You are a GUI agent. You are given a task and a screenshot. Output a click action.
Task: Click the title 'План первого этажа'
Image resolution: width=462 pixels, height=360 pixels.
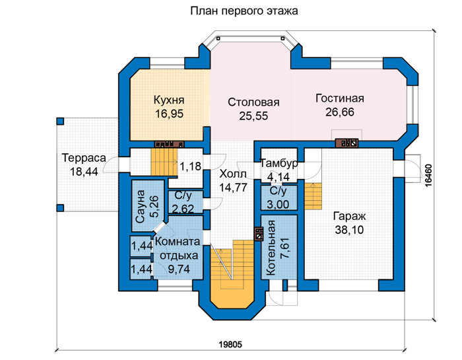244,11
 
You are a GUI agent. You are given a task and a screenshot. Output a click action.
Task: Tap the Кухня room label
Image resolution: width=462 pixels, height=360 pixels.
169,100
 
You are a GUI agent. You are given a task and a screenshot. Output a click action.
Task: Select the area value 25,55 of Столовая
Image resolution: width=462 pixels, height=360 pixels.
253,116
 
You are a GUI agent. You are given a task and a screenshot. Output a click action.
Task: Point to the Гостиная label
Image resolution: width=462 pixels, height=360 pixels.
340,98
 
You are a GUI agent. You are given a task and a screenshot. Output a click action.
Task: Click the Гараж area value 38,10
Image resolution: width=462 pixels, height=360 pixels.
349,230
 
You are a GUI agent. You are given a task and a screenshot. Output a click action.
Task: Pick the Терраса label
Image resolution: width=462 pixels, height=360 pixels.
84,158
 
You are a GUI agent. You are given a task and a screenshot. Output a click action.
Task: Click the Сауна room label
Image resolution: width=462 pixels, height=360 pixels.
140,206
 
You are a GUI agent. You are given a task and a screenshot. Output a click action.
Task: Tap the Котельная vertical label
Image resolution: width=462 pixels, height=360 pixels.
271,248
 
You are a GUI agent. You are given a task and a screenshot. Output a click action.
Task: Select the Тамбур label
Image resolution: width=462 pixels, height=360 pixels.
279,163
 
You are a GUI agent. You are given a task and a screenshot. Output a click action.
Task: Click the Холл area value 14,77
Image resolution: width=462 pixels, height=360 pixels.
233,188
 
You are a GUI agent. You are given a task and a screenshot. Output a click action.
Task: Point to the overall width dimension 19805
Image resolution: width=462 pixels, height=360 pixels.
230,344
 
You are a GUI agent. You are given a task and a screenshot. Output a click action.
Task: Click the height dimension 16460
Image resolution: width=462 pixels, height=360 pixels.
428,175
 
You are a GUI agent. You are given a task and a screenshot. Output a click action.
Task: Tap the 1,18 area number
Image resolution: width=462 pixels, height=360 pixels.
190,166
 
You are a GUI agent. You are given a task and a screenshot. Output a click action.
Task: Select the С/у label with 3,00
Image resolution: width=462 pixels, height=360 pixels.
278,191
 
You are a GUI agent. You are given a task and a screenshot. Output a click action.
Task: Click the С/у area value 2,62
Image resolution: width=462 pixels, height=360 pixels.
183,209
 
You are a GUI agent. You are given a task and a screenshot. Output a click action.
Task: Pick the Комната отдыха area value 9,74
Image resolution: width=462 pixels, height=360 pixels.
179,269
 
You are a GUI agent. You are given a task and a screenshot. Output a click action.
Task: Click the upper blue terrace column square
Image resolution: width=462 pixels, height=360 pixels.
60,121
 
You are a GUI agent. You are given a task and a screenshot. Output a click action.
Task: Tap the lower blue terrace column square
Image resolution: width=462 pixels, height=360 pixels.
60,208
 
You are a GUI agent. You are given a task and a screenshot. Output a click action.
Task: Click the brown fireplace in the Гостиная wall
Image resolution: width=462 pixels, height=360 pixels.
347,143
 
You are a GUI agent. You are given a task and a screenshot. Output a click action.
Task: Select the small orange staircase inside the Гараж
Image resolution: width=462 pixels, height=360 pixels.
313,196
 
